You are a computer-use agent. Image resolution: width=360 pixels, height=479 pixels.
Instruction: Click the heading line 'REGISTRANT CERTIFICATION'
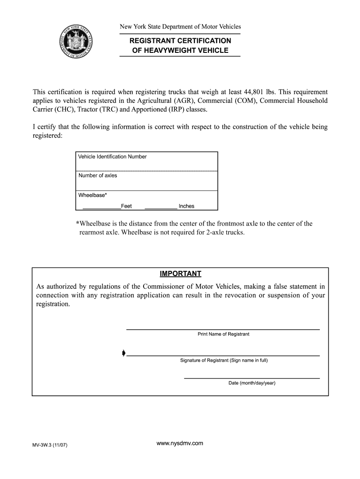click(x=180, y=41)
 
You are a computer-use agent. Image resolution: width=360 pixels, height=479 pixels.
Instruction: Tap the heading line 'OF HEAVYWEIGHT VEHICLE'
click(x=180, y=51)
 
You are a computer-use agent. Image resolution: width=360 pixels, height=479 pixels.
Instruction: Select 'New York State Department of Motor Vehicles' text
click(x=180, y=27)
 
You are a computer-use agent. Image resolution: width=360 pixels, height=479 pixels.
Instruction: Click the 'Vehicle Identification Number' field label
click(x=112, y=157)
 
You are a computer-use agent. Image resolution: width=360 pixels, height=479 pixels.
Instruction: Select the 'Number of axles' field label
click(x=98, y=176)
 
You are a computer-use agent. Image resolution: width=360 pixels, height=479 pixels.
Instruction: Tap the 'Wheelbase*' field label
click(x=93, y=196)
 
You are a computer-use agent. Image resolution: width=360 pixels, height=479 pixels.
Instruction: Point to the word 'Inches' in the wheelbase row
click(x=187, y=206)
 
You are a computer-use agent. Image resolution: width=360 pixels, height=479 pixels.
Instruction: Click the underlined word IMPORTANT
click(x=180, y=274)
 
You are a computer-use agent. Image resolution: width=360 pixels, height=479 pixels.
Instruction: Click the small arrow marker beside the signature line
click(x=123, y=353)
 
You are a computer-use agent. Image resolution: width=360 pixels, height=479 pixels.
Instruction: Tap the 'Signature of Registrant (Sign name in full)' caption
click(x=224, y=361)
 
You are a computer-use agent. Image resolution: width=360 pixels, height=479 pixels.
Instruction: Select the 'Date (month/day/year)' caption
click(x=252, y=383)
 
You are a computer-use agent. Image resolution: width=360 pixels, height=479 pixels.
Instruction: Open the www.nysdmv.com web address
click(x=180, y=443)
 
